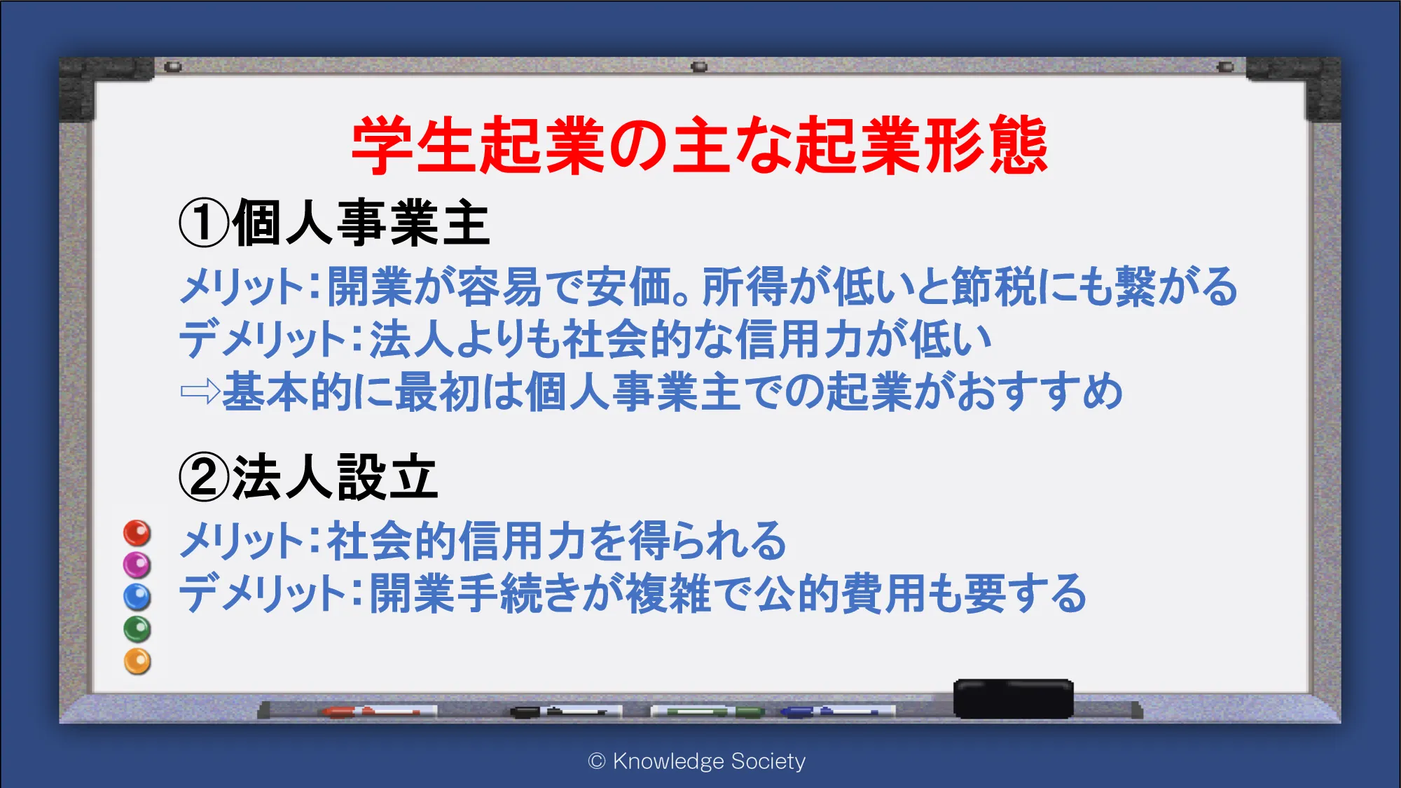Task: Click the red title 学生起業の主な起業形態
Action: [x=699, y=146]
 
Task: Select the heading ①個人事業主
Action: [x=334, y=223]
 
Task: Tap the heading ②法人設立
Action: [x=308, y=477]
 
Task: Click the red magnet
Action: [x=137, y=533]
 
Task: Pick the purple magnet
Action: [x=137, y=565]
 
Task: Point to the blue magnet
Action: [x=137, y=597]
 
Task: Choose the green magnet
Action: [x=137, y=629]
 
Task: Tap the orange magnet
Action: [x=137, y=661]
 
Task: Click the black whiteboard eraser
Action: [x=1014, y=698]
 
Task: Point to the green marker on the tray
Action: [x=708, y=712]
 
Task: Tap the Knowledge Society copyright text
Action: [x=697, y=761]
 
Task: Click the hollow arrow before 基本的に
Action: [x=200, y=392]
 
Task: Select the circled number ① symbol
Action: [x=204, y=223]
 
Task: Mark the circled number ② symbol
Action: [x=204, y=478]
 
